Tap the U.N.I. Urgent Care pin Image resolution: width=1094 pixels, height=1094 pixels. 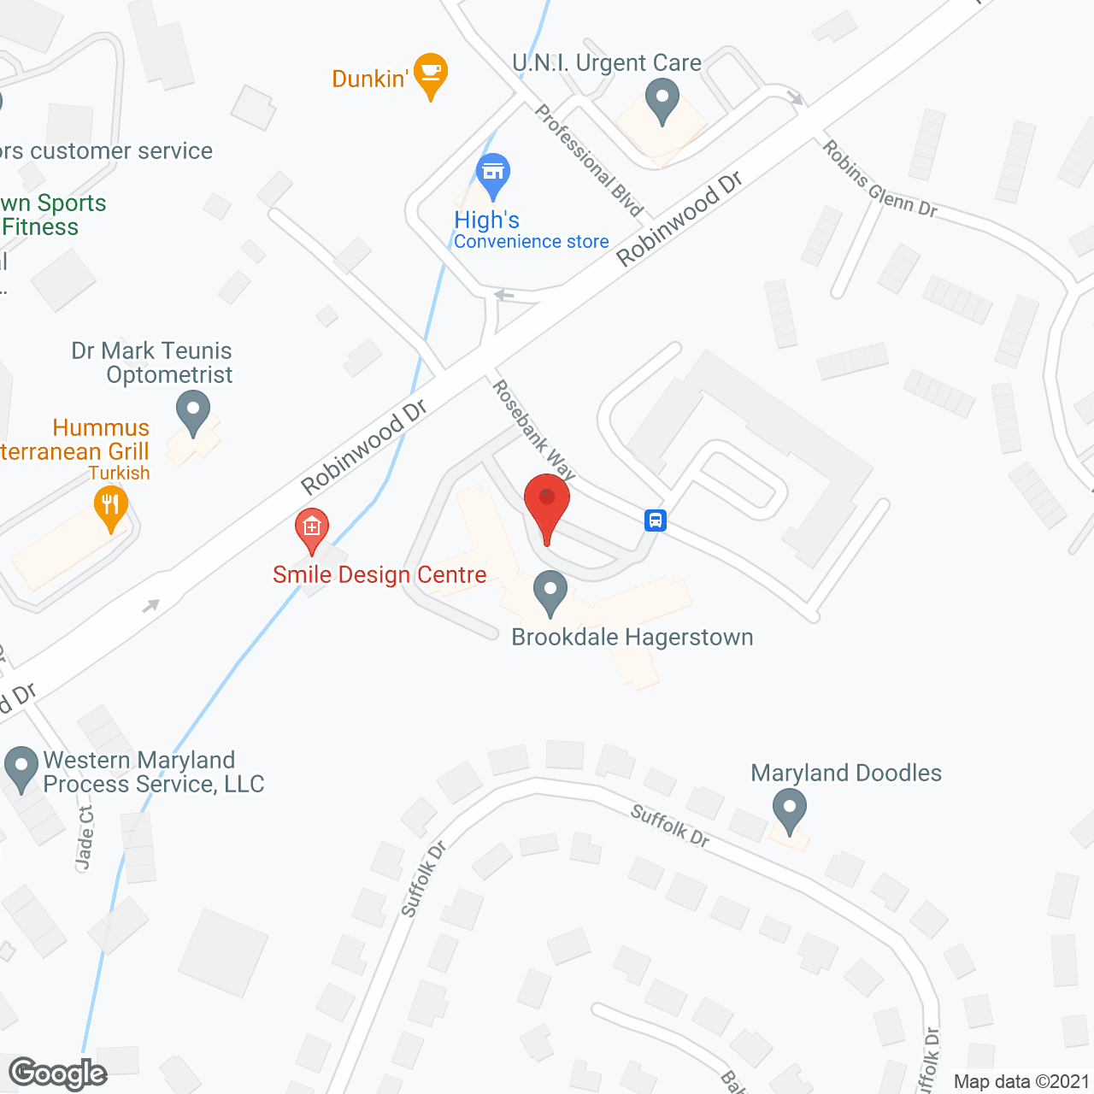point(662,101)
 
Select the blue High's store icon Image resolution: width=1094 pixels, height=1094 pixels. point(492,174)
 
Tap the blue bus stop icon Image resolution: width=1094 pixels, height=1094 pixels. point(656,520)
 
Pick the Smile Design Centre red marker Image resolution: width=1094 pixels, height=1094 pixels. point(312,530)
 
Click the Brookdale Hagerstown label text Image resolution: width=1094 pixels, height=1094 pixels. point(632,638)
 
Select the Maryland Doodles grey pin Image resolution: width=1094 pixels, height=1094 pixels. point(789,810)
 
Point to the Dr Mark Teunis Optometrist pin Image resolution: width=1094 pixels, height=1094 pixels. point(193,412)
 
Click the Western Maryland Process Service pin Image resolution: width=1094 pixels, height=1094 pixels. point(21,768)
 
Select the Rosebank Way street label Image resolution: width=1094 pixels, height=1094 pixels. point(534,430)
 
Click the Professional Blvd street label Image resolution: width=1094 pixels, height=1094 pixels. point(589,160)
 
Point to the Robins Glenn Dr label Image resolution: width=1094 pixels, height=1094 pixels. point(879,179)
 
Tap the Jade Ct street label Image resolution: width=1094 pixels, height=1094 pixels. point(85,838)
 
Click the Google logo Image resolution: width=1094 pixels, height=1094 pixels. point(58,1073)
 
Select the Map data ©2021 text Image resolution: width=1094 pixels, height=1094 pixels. point(1021,1081)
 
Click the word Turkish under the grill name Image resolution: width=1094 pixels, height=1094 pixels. point(119,473)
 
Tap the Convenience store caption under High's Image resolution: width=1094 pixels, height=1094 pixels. point(531,242)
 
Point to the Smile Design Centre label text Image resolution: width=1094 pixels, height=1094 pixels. point(379,575)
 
